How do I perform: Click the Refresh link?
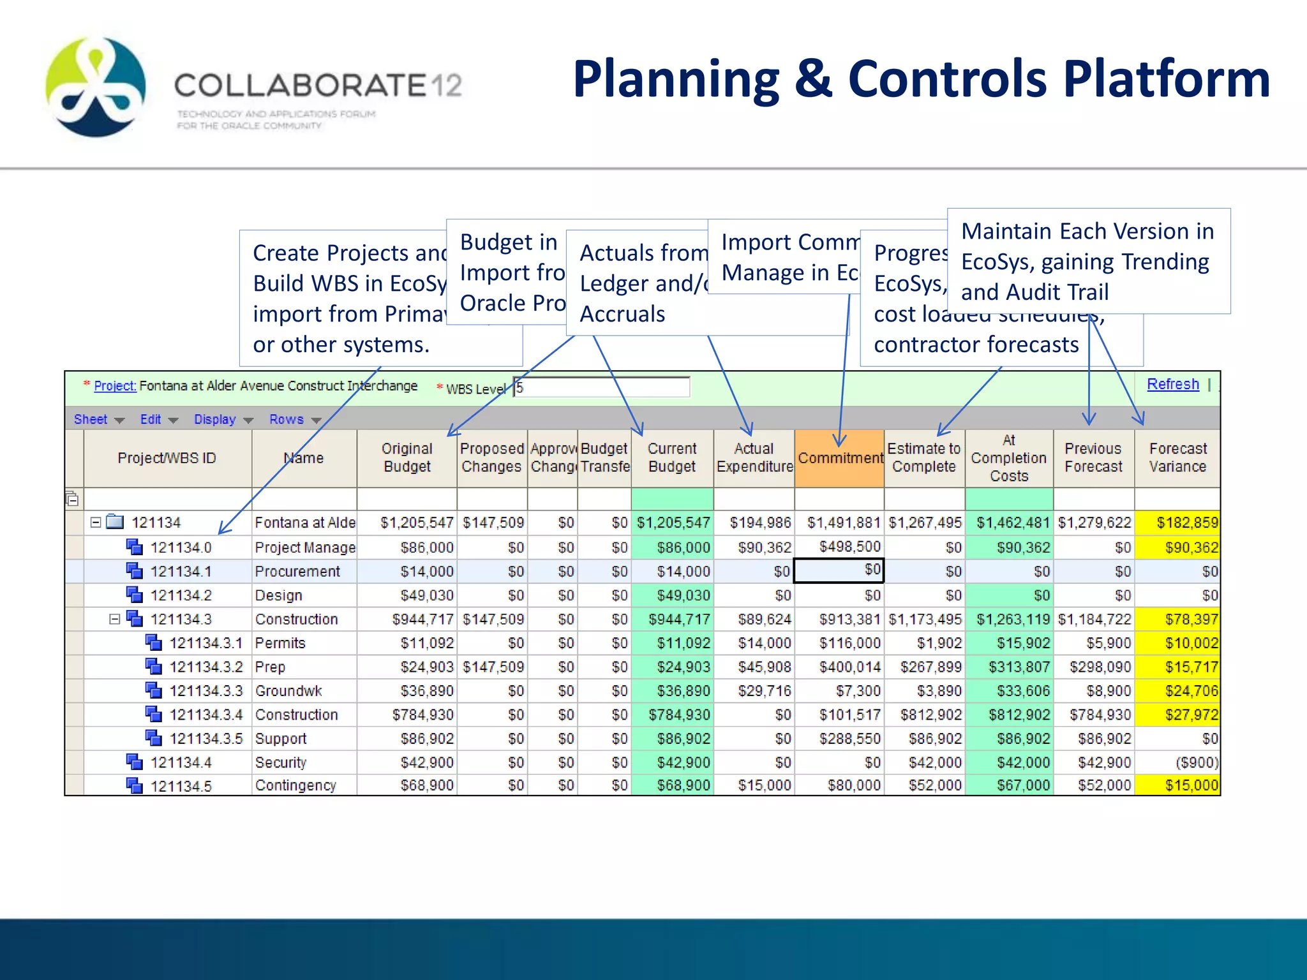pos(1172,384)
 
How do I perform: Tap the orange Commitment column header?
pos(840,458)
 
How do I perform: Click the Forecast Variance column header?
pos(1177,458)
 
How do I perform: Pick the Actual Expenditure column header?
pos(754,458)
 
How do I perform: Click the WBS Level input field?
pos(601,387)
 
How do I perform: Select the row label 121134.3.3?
pos(205,691)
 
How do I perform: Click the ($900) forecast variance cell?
pos(1197,762)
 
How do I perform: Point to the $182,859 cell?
pos(1186,523)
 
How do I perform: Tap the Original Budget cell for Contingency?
pos(426,785)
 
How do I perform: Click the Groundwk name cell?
pos(288,691)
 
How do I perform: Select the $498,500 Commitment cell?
pos(849,547)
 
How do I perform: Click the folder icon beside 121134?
pos(116,523)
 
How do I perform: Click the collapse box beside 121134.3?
pos(115,619)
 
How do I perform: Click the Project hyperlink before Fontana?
pos(115,386)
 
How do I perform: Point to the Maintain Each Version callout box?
pos(1088,261)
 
